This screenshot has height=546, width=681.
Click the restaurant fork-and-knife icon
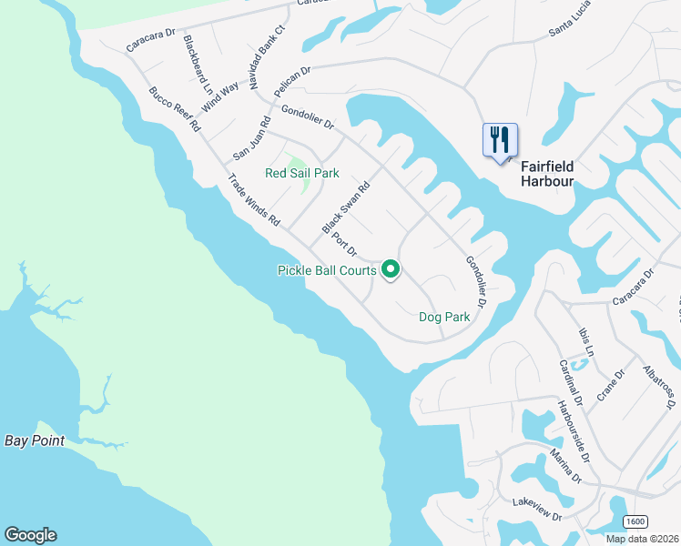point(500,140)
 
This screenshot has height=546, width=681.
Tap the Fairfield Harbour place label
point(547,174)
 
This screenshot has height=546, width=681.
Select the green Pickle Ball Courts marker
point(391,269)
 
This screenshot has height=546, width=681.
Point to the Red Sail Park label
point(301,173)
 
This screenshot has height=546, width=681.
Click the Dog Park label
point(444,318)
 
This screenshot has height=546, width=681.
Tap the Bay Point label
point(35,441)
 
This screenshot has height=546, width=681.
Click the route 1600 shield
point(635,521)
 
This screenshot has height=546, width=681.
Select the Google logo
point(30,535)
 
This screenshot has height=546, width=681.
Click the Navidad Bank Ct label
point(268,56)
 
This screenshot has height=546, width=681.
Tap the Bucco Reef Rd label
point(175,110)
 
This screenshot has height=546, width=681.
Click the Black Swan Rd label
point(346,207)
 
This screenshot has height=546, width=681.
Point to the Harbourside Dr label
point(574,430)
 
